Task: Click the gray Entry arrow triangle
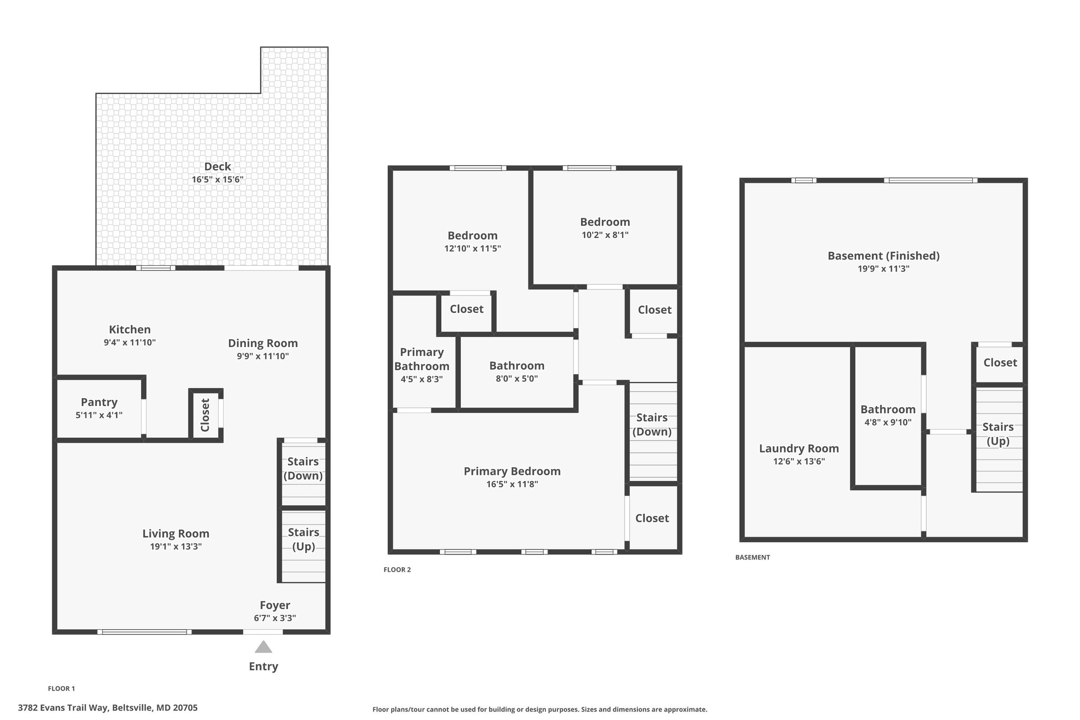[263, 647]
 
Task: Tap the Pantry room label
[99, 402]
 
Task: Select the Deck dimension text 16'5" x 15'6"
[217, 179]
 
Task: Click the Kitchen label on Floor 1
[130, 330]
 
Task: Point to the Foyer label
[275, 605]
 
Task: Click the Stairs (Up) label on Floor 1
[304, 539]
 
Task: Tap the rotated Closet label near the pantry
[205, 415]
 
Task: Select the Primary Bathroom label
[422, 359]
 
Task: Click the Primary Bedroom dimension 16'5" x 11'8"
[512, 484]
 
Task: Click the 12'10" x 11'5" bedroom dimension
[472, 248]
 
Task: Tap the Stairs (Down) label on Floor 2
[652, 425]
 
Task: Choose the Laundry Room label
[799, 448]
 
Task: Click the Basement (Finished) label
[884, 256]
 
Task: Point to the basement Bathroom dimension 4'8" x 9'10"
[888, 422]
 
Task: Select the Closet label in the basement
[1000, 362]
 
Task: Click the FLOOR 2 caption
[397, 570]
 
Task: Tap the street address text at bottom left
[108, 708]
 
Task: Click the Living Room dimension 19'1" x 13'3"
[176, 546]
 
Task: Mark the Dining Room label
[263, 343]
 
